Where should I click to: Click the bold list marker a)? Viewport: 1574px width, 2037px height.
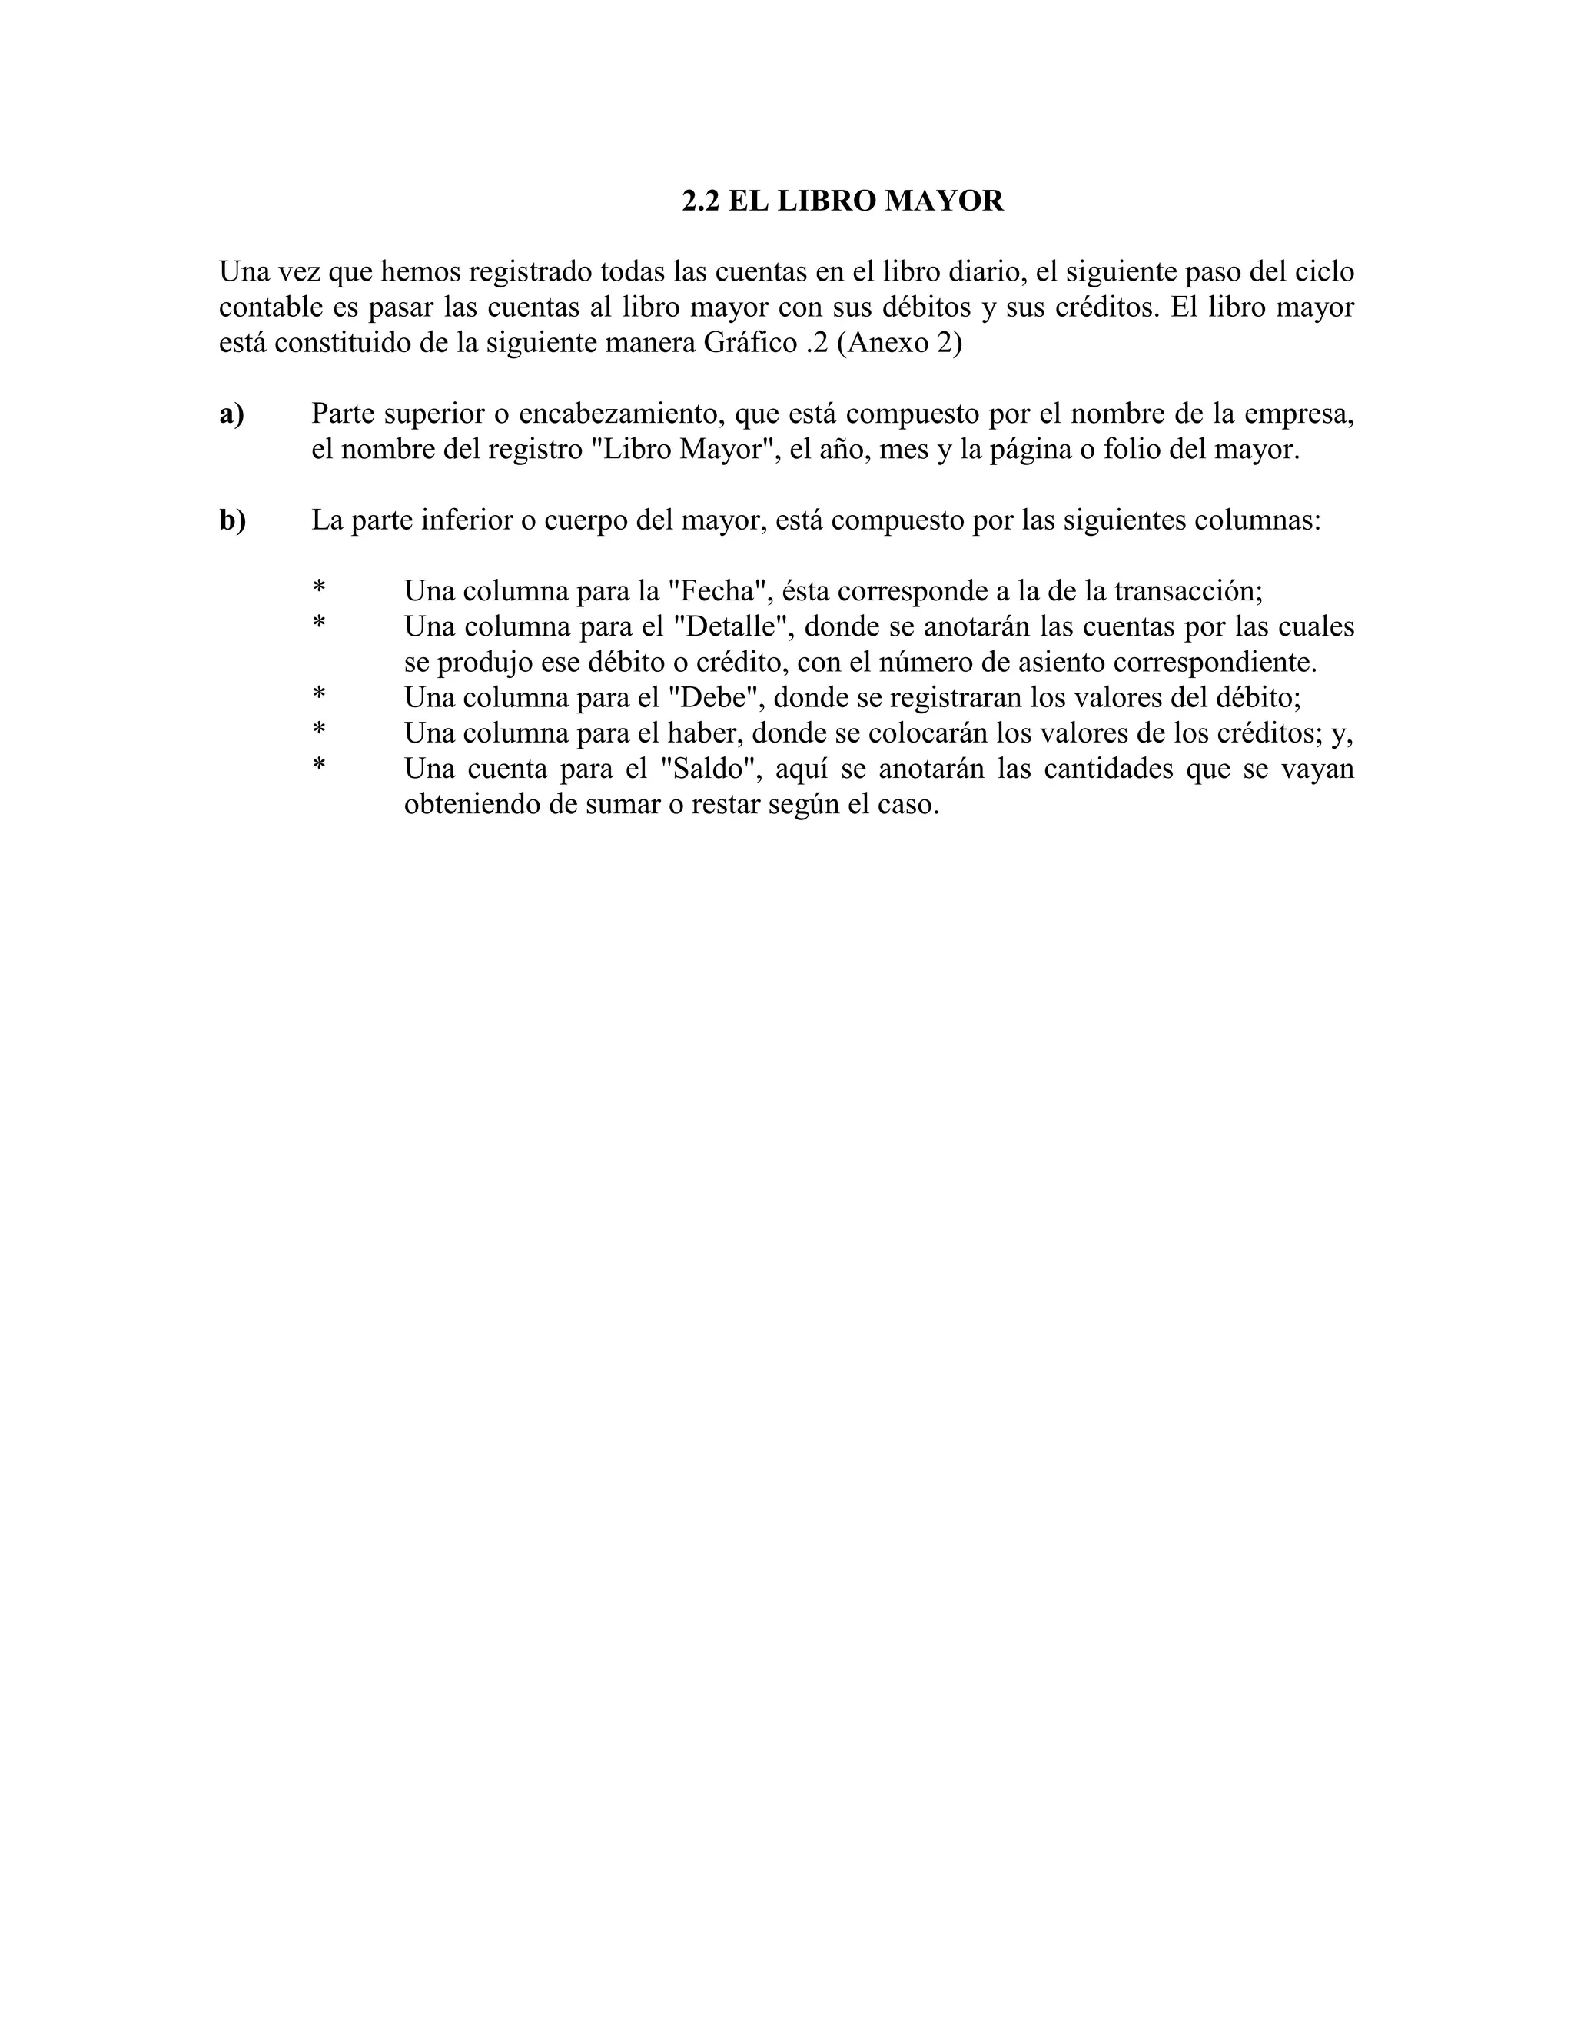pos(232,414)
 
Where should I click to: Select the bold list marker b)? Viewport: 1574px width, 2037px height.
pos(233,520)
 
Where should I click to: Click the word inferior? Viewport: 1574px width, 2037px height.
pos(465,520)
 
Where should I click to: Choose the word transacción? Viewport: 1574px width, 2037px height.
pos(1188,590)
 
